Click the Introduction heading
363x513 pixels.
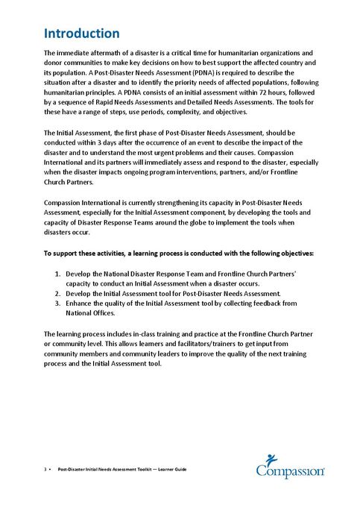(x=82, y=34)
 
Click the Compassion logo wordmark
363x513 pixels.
(x=290, y=472)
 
